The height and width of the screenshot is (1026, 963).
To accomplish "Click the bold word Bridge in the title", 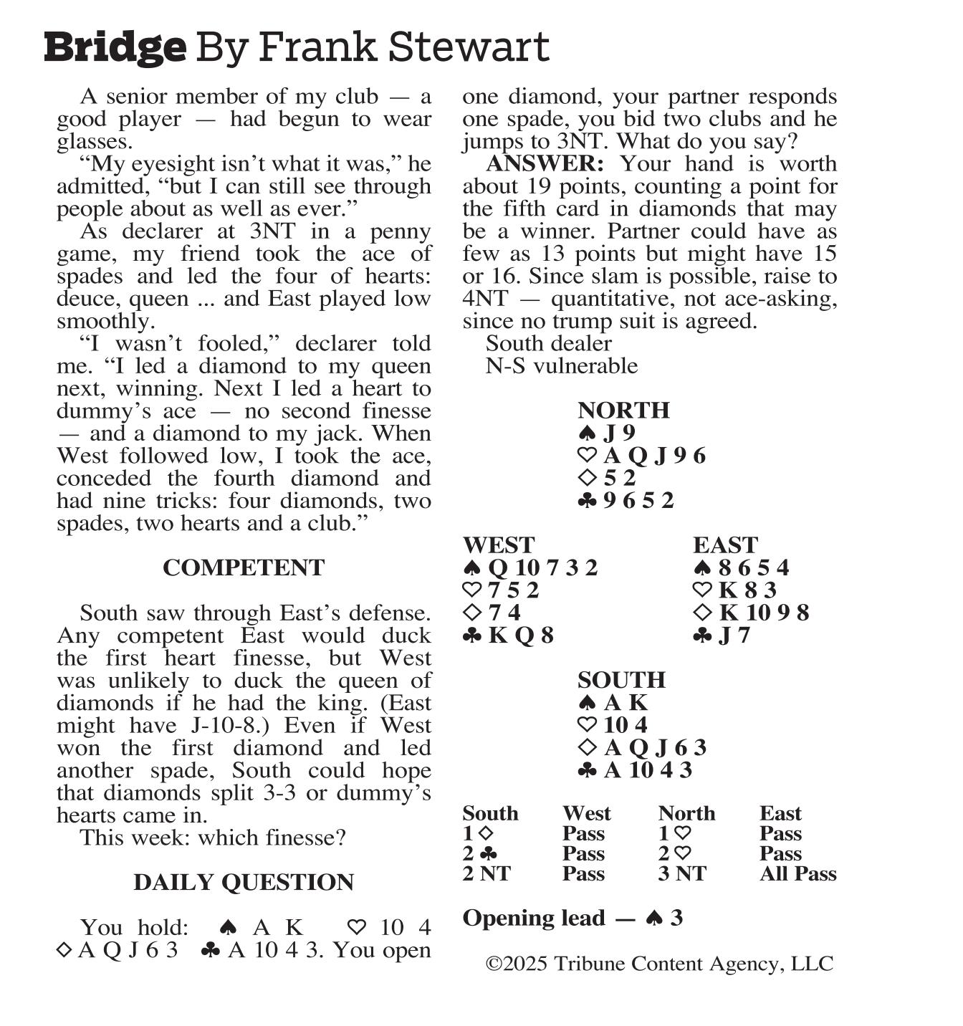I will point(115,47).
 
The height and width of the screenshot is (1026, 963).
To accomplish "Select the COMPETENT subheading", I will point(244,567).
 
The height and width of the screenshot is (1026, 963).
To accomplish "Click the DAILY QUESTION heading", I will point(244,882).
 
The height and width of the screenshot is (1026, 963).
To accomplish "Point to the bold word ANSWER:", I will point(545,163).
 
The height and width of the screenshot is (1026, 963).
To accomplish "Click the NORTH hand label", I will point(623,410).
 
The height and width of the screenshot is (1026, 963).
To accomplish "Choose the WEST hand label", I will point(499,545).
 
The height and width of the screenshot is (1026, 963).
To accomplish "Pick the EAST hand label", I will point(725,545).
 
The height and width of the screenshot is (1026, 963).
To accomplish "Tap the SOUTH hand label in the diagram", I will point(621,679).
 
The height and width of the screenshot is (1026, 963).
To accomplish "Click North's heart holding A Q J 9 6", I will point(654,455).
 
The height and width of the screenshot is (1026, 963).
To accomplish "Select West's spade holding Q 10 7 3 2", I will point(542,567).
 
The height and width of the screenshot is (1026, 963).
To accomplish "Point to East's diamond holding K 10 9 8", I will point(764,613).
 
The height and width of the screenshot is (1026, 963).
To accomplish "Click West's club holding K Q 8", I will point(521,635).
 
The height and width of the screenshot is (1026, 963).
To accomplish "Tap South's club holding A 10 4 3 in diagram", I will point(648,769).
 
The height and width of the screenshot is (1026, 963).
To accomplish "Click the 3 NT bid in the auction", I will point(682,873).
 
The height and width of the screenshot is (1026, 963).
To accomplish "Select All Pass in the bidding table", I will point(798,873).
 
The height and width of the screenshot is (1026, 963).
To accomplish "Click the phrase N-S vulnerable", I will point(561,365).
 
